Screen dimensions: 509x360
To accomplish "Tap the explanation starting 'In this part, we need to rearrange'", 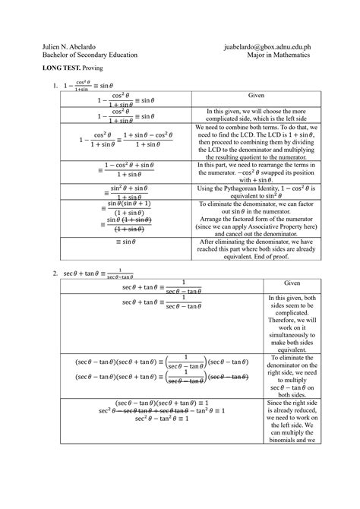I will (x=254, y=172).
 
